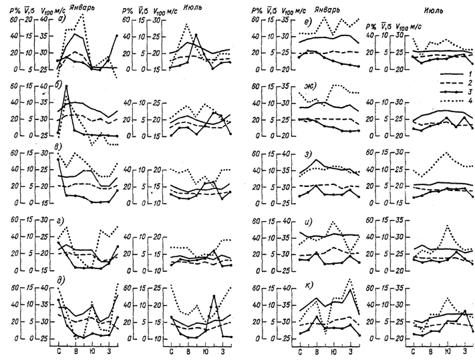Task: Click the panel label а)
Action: point(62,18)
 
